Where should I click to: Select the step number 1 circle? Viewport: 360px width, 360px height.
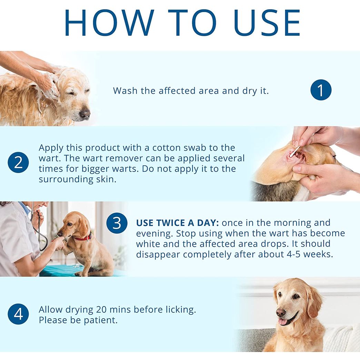(x=321, y=90)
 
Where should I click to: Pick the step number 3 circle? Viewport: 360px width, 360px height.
(x=117, y=223)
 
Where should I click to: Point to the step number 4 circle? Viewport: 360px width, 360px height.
(x=18, y=314)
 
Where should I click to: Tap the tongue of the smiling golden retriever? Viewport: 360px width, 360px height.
(x=282, y=321)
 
